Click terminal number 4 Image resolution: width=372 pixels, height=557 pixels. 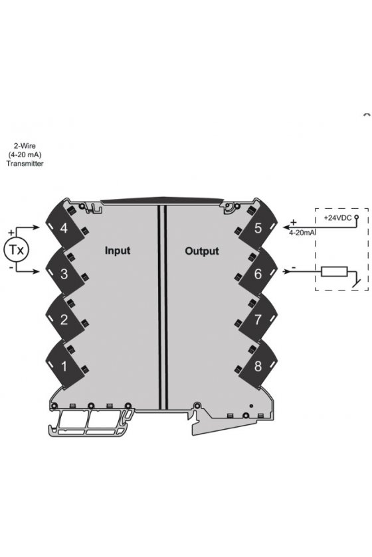coord(64,228)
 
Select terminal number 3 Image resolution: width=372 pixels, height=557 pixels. coord(64,274)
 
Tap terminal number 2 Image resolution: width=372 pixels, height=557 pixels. coord(64,320)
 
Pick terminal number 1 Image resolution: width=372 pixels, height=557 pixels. coord(64,366)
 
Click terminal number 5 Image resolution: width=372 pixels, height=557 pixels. coord(258,228)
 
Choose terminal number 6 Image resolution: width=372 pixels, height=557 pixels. coord(258,274)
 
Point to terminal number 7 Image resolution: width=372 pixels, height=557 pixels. coord(258,320)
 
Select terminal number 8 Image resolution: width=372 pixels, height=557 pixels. coord(258,366)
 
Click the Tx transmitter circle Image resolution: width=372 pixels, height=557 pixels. coord(16,250)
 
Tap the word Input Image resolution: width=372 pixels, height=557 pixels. coord(118,251)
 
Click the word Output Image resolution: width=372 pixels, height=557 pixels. coord(202,251)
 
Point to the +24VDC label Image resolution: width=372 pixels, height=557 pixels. coord(337,217)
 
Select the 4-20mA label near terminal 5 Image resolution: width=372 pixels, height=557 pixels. coord(302,233)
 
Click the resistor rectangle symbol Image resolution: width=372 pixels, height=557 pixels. coord(334,271)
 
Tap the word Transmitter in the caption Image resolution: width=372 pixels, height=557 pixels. coord(25,164)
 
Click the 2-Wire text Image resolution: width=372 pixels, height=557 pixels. coord(25,146)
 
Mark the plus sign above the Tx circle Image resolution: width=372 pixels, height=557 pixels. coord(11,233)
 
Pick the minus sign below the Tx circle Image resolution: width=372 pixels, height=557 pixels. coord(11,267)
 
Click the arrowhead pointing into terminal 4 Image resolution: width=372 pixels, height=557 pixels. coord(36,227)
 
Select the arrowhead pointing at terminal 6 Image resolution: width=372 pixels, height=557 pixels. coord(286,271)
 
